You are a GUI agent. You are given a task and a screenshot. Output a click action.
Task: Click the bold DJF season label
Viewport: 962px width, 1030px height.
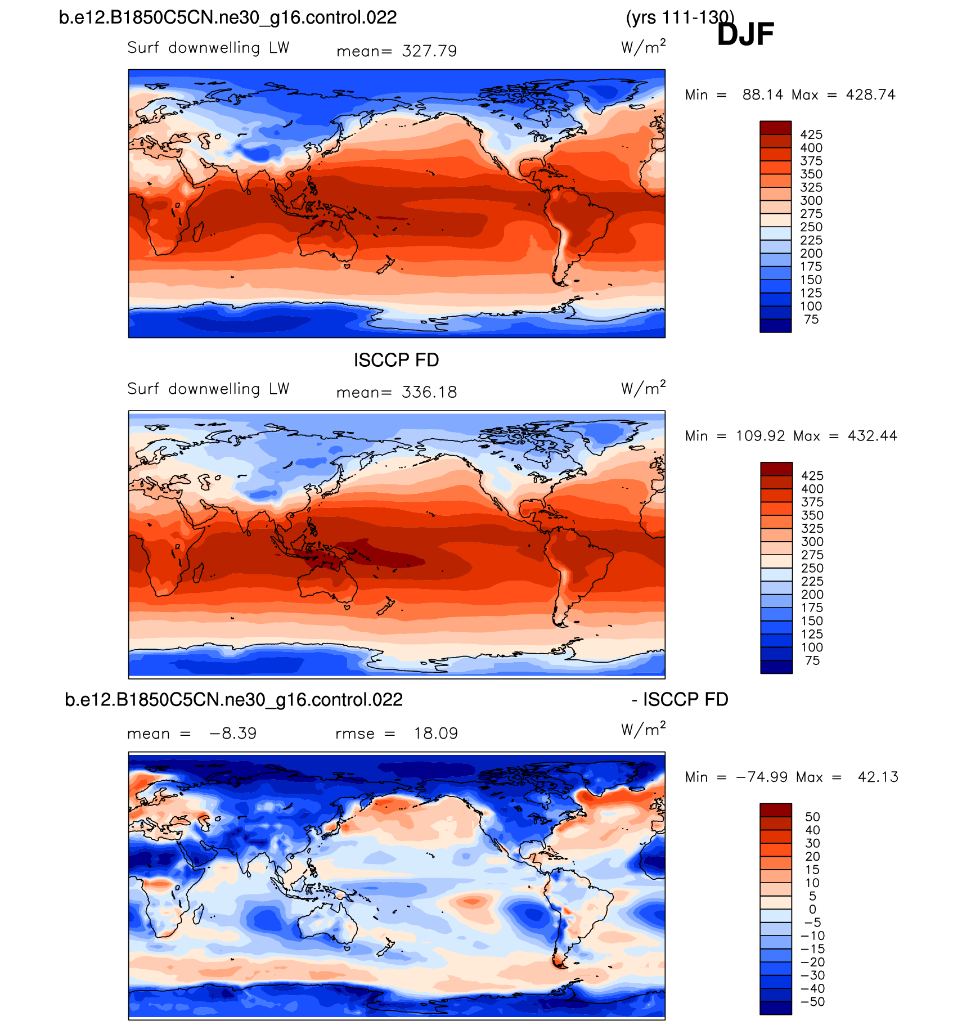point(745,34)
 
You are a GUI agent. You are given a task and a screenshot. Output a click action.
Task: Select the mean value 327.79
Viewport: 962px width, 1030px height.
point(429,51)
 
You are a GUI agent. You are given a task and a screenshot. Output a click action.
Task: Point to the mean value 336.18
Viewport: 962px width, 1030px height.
point(429,392)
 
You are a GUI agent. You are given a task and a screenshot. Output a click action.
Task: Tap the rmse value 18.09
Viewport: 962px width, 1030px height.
point(435,734)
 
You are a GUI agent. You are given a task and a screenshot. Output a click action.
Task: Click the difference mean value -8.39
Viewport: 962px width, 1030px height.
point(233,734)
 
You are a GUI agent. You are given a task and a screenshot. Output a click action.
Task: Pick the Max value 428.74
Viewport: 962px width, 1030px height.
point(870,95)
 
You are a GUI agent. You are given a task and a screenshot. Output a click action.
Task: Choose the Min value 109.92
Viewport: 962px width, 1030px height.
point(760,436)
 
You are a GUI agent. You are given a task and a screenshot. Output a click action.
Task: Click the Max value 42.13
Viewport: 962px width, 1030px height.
point(878,777)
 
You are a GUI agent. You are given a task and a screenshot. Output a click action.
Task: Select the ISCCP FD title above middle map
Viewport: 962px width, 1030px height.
point(396,360)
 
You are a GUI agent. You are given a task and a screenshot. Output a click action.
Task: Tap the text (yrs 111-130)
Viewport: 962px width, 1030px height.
point(680,17)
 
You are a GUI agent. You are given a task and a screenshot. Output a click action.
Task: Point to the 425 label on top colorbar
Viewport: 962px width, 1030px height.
point(811,134)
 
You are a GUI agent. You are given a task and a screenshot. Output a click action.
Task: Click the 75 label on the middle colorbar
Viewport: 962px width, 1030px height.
point(812,660)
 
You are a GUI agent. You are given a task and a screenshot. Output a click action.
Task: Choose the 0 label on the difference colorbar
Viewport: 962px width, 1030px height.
point(812,910)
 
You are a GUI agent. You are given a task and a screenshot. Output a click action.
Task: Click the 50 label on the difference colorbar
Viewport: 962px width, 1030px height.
point(812,817)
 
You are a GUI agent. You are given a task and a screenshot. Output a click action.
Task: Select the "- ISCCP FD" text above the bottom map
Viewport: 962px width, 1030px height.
point(680,699)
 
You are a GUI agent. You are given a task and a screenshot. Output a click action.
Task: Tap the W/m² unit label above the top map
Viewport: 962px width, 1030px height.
point(643,47)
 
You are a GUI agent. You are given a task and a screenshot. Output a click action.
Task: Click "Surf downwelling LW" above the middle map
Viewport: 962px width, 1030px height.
point(208,389)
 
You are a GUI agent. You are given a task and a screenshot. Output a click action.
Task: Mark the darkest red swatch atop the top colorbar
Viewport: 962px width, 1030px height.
point(775,128)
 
